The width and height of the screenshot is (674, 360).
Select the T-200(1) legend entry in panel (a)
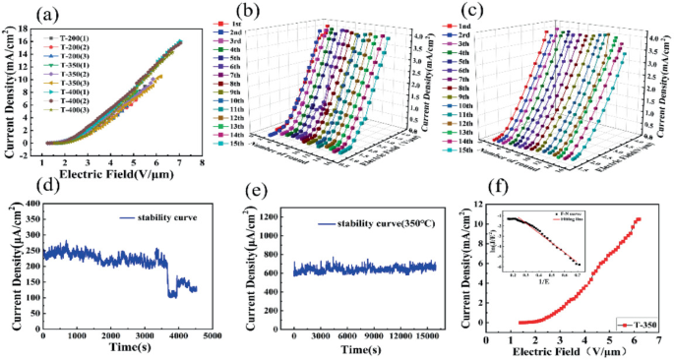click(x=78, y=38)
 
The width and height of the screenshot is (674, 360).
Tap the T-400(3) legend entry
click(x=78, y=110)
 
